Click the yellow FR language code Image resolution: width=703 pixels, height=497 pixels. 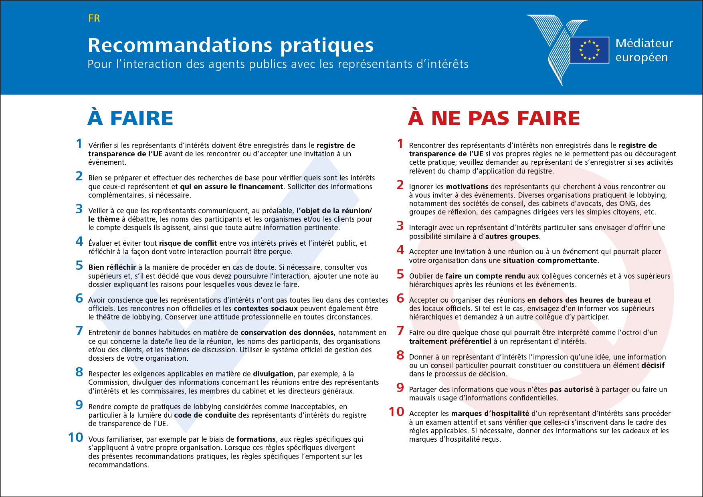[94, 18]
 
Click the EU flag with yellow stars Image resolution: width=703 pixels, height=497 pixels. [589, 50]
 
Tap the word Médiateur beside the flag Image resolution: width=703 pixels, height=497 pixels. [644, 43]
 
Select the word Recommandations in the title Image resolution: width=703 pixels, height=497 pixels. [180, 45]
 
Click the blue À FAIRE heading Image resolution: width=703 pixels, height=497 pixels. [130, 118]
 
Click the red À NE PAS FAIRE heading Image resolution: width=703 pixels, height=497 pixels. [494, 118]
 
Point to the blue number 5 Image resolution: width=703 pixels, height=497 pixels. [79, 266]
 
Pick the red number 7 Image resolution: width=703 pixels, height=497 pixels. [400, 331]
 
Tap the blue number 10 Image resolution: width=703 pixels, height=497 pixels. [75, 438]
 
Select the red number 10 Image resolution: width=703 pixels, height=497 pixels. [396, 412]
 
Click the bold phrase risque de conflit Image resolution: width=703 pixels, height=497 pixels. [188, 243]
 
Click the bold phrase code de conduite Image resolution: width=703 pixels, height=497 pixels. [205, 415]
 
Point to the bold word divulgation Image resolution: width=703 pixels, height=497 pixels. [273, 374]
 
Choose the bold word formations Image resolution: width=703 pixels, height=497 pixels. [256, 439]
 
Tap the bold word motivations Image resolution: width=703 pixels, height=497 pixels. [467, 187]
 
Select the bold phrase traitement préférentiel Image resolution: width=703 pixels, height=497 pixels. [450, 341]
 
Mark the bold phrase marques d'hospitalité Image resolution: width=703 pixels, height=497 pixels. [490, 414]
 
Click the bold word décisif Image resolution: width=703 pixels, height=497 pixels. [652, 366]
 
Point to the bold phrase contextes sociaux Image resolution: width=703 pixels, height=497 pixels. [266, 309]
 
